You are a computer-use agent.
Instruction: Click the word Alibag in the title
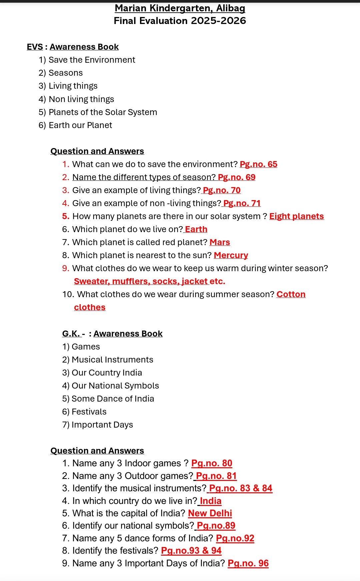(x=231, y=8)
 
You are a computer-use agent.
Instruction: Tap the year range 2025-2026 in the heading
(x=218, y=21)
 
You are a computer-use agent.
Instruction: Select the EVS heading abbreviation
(x=35, y=47)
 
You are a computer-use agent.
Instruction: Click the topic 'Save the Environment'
(x=92, y=60)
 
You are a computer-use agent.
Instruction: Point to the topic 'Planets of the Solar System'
(x=103, y=112)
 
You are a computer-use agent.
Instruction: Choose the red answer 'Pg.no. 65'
(x=258, y=164)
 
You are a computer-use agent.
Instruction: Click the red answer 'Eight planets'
(x=296, y=216)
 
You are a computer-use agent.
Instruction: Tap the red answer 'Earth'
(x=196, y=229)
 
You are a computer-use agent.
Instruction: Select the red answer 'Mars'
(x=220, y=242)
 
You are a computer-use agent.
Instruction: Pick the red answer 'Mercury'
(x=231, y=255)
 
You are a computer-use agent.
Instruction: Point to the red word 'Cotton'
(x=291, y=294)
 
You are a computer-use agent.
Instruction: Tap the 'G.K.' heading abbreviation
(x=71, y=334)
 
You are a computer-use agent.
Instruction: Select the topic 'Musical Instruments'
(x=112, y=360)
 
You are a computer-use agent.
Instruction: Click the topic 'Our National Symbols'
(x=115, y=386)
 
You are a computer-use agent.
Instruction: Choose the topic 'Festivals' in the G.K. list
(x=89, y=412)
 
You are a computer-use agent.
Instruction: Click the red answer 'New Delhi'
(x=210, y=513)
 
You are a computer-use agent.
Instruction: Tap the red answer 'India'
(x=210, y=501)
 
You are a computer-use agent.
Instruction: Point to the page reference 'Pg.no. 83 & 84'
(x=240, y=488)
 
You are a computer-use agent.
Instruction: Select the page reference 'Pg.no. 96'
(x=248, y=563)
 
